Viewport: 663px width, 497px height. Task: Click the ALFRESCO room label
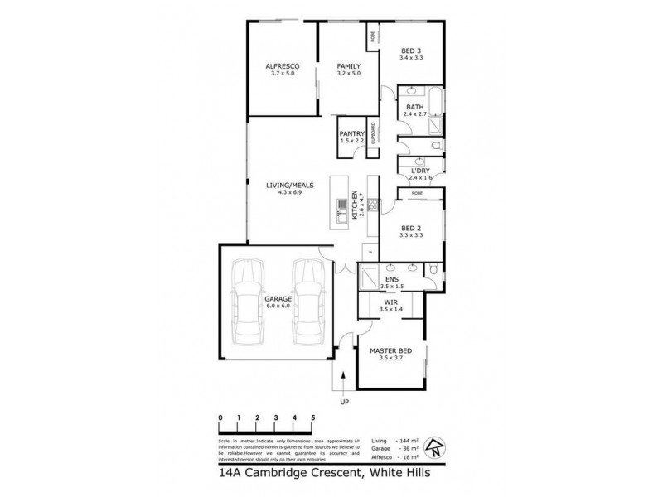click(x=282, y=65)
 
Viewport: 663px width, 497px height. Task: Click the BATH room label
click(x=414, y=106)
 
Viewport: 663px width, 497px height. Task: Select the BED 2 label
click(x=411, y=228)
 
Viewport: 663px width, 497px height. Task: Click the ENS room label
click(x=391, y=279)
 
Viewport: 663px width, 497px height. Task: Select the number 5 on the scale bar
click(x=313, y=417)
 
